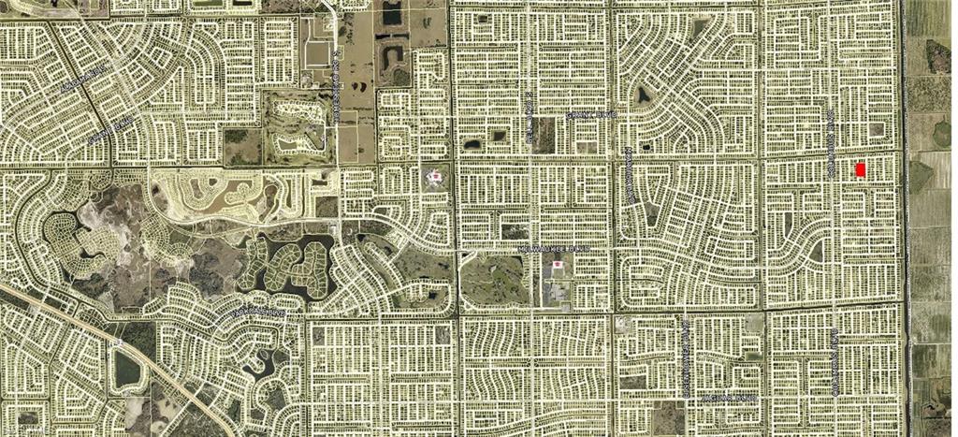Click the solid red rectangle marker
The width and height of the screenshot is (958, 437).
[861, 170]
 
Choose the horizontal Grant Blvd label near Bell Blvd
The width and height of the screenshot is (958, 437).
[593, 115]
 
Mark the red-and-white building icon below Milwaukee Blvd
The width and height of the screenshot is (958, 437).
[559, 267]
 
